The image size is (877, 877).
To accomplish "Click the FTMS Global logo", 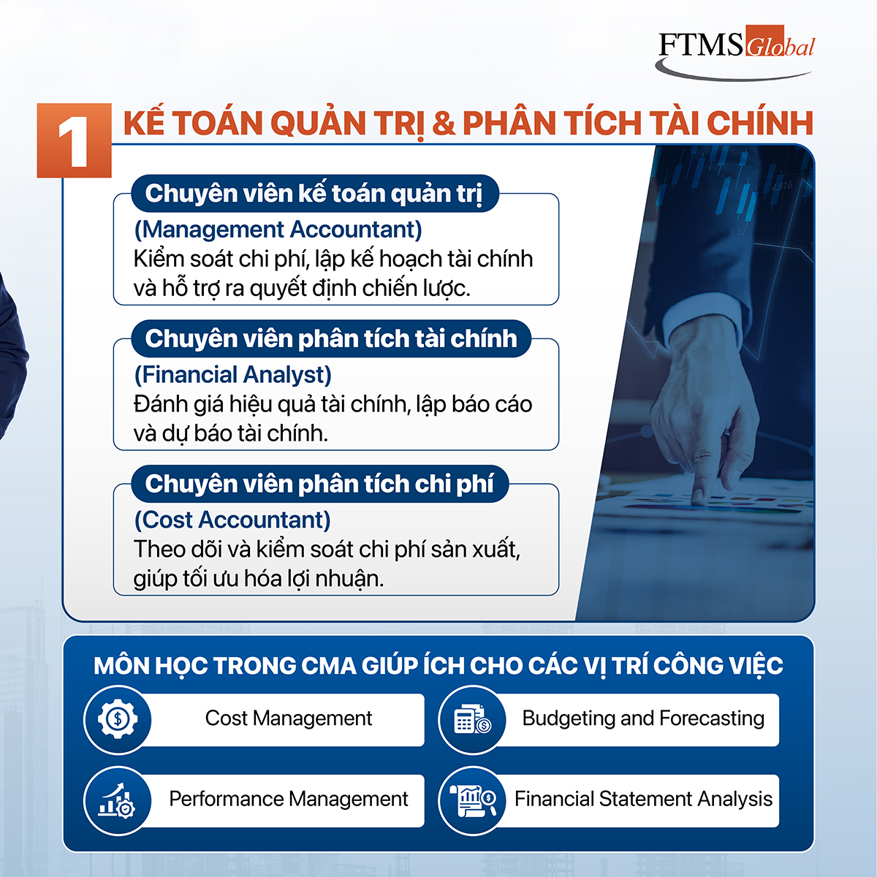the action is pos(736,53).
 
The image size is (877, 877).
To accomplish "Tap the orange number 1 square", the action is pos(75,140).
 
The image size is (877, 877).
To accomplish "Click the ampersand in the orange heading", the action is pos(444,123).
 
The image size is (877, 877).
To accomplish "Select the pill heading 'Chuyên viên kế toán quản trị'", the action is pos(315,194).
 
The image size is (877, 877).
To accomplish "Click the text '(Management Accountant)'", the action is pos(278,229).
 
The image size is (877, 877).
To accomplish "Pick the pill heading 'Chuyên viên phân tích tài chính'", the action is pos(331,338).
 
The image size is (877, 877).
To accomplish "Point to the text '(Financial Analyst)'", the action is pos(232,375).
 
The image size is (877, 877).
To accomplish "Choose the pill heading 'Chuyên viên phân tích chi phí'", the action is pos(319,484).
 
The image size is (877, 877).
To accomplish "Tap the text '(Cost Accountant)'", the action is pos(232,520).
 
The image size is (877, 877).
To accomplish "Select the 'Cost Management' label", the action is pos(289,718).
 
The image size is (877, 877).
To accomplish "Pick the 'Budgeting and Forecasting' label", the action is pos(643,718).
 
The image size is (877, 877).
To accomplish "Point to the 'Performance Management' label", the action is pos(289,800).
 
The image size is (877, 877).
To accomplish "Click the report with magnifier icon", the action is pos(472,800).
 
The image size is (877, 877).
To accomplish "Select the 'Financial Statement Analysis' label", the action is pos(643,800).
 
